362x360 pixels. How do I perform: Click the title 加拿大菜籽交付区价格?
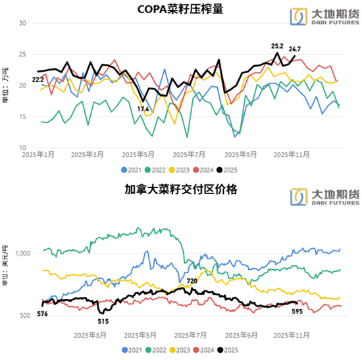[180, 190]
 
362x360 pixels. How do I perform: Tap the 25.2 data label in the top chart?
[277, 47]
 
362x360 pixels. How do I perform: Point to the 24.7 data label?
[295, 49]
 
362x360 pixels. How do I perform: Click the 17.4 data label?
[143, 109]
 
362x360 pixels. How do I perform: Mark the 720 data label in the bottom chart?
[192, 281]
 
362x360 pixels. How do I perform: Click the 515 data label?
[103, 321]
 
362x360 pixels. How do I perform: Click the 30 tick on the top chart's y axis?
[22, 23]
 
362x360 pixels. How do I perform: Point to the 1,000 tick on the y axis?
[23, 253]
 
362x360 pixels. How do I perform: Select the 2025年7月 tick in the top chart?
[188, 155]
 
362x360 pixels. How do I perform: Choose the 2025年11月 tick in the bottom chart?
[292, 334]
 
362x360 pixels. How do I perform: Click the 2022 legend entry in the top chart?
[165, 168]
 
